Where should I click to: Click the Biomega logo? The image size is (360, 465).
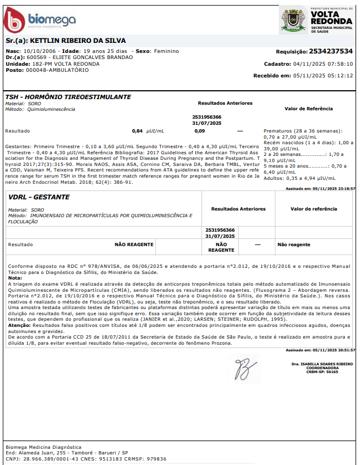coord(39,20)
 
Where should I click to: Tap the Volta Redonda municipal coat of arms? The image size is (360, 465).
coord(294,21)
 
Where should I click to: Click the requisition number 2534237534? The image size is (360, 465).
coord(331,51)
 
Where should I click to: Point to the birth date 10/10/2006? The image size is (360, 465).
coord(38,51)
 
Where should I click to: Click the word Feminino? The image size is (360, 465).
coord(166,51)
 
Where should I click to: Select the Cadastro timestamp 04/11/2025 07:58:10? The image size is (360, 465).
coord(323,64)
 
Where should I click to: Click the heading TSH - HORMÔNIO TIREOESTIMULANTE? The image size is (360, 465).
coord(68,97)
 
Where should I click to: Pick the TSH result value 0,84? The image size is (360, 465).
coord(137,131)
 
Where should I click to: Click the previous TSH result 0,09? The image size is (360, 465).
coord(199,131)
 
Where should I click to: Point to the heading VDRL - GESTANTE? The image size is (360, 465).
coord(39,197)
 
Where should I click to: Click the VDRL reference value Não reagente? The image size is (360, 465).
coord(294,244)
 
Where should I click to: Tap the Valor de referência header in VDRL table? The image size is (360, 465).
coord(314,209)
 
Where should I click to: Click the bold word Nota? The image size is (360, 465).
coord(15,278)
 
